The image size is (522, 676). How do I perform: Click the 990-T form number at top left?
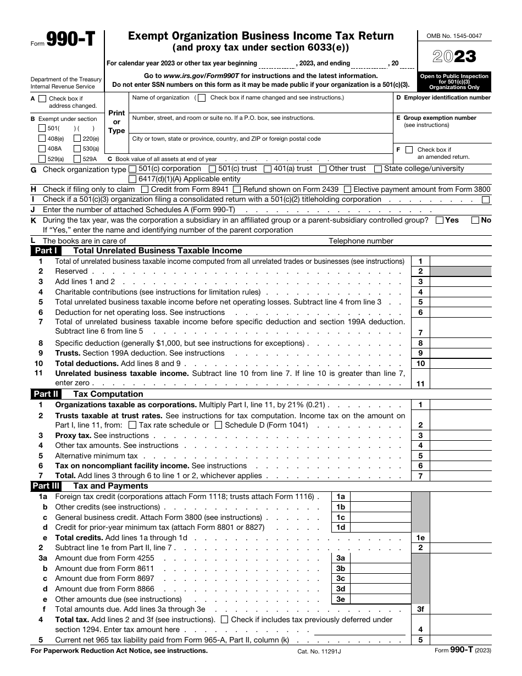click(x=71, y=40)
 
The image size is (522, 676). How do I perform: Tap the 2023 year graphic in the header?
click(x=454, y=57)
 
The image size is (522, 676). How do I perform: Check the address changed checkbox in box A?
click(x=42, y=99)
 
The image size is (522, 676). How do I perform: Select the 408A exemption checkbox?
click(x=42, y=148)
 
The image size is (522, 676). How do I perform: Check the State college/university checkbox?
click(x=378, y=169)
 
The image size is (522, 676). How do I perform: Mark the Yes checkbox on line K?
click(x=440, y=220)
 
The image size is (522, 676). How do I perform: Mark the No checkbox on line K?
click(x=475, y=220)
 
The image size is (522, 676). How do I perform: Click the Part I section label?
click(x=46, y=251)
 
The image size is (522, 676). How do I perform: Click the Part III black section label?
click(x=46, y=486)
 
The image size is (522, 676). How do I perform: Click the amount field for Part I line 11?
click(x=460, y=384)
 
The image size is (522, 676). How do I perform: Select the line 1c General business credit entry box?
click(x=380, y=517)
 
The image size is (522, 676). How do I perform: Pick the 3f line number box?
click(x=420, y=609)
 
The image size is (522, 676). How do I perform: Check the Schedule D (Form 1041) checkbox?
click(x=219, y=425)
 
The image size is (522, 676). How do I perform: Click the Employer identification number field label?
click(x=443, y=98)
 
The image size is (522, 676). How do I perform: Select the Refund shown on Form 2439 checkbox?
click(x=237, y=189)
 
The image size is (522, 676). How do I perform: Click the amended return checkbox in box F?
click(x=409, y=149)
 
